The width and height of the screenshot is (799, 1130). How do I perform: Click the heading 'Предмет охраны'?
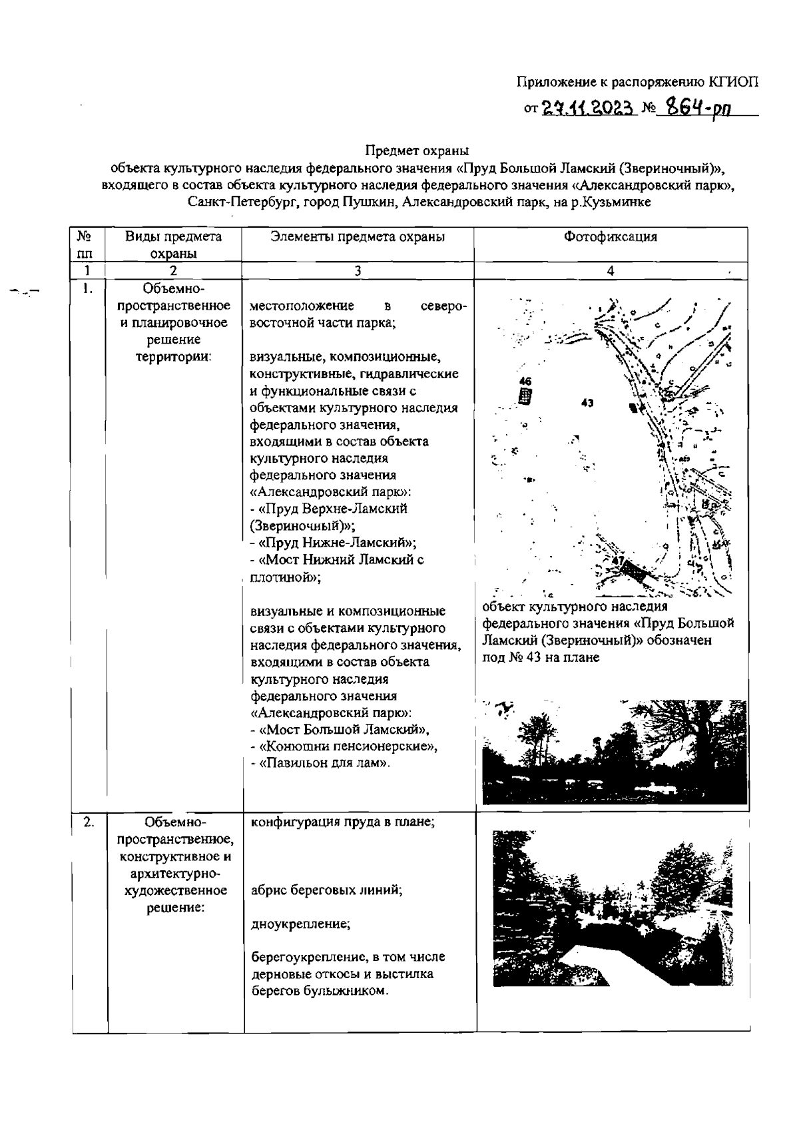[417, 151]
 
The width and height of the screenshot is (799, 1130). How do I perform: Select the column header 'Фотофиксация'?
[611, 236]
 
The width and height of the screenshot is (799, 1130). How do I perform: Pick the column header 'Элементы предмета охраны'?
[358, 236]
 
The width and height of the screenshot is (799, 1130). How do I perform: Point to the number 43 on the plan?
[587, 403]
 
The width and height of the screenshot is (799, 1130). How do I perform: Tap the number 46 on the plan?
[525, 382]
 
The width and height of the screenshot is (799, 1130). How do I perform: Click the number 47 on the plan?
[618, 561]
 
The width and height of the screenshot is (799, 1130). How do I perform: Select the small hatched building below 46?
[526, 397]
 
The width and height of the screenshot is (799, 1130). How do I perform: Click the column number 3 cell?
[358, 270]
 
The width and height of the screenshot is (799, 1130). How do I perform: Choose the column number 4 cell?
[611, 270]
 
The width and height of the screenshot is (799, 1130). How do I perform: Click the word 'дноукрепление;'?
[300, 924]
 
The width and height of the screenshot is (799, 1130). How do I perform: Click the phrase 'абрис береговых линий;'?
[326, 890]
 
